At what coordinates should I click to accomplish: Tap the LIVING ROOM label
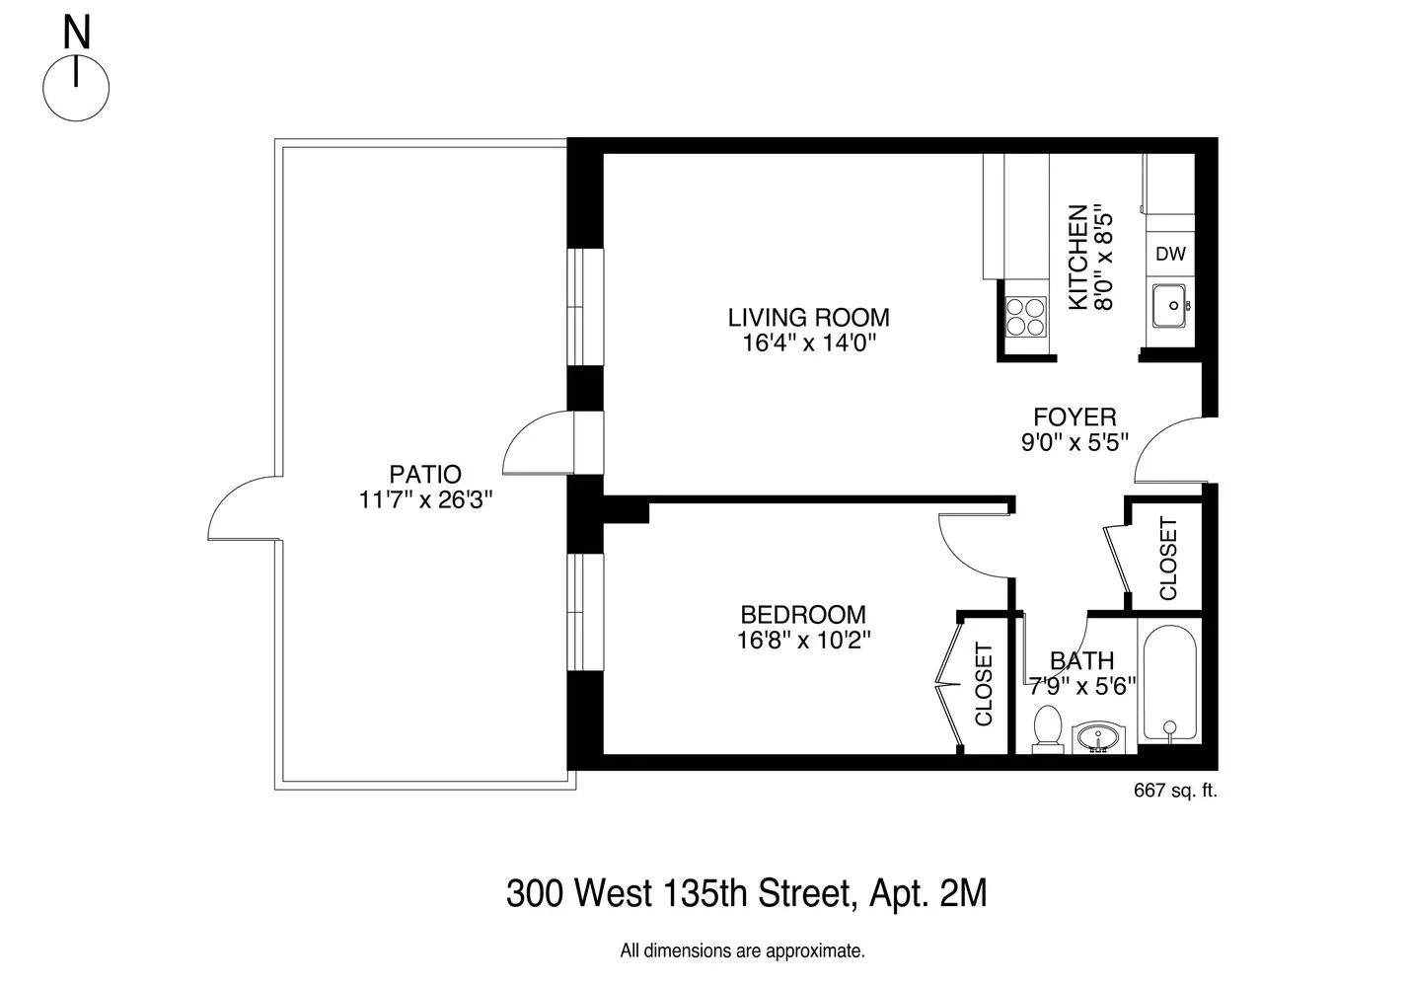[x=808, y=318]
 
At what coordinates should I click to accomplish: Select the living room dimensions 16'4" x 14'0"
[x=808, y=343]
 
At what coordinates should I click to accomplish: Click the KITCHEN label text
[x=1078, y=258]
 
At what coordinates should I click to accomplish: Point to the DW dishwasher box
[x=1170, y=254]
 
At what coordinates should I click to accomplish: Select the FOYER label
[x=1075, y=417]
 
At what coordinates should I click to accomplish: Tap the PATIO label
[x=424, y=474]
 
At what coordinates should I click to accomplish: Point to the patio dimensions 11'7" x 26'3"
[x=424, y=500]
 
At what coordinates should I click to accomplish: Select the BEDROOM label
[x=802, y=614]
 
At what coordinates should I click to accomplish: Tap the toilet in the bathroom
[x=1046, y=728]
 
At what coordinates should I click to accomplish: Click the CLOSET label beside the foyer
[x=1168, y=559]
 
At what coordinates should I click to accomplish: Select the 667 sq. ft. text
[x=1175, y=790]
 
